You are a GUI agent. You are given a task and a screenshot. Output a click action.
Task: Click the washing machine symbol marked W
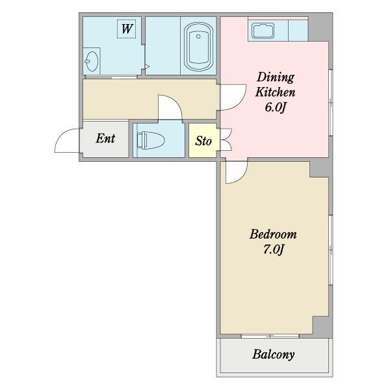[126, 29]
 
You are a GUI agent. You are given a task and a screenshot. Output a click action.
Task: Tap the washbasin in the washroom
[91, 61]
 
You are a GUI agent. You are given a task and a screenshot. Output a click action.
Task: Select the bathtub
[198, 47]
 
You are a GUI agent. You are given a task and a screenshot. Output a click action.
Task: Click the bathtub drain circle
[198, 36]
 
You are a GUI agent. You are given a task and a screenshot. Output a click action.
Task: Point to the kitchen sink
[263, 31]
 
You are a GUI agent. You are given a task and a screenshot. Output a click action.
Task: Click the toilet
[151, 140]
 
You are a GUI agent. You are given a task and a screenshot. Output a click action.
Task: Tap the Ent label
[105, 138]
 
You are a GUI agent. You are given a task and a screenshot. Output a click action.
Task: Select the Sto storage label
[203, 141]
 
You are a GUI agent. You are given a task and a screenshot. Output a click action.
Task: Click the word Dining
[276, 77]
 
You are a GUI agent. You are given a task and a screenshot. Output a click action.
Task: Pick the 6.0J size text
[274, 107]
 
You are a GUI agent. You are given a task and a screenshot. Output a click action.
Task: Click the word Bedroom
[273, 234]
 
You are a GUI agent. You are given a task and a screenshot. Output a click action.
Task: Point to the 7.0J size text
[274, 249]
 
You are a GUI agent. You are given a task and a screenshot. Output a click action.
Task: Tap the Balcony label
[274, 354]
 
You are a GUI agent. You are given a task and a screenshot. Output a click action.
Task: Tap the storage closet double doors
[226, 139]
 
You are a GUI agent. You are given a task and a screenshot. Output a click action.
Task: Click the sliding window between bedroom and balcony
[270, 336]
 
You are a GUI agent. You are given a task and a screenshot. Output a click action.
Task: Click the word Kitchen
[275, 92]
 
